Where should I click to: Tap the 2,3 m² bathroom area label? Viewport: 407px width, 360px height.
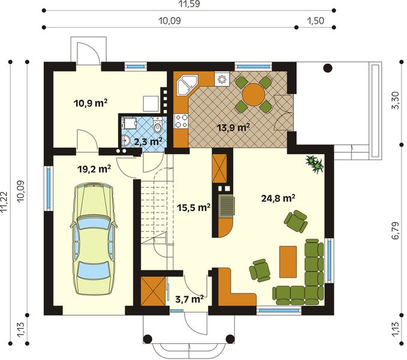click(x=148, y=142)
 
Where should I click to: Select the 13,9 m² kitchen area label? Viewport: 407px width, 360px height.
click(x=233, y=127)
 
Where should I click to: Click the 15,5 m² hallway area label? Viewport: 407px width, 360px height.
click(x=194, y=208)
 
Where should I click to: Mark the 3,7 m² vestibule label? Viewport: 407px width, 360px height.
click(x=189, y=298)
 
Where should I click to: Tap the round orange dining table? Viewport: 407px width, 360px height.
click(x=254, y=94)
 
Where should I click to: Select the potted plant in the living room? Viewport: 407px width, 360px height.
click(x=314, y=163)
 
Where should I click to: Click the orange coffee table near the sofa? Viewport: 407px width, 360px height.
click(x=288, y=261)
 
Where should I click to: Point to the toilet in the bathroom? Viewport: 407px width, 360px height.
click(x=158, y=127)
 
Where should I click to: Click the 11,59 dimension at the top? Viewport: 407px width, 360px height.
click(x=189, y=4)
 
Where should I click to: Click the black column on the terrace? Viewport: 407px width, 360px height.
click(x=327, y=68)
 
